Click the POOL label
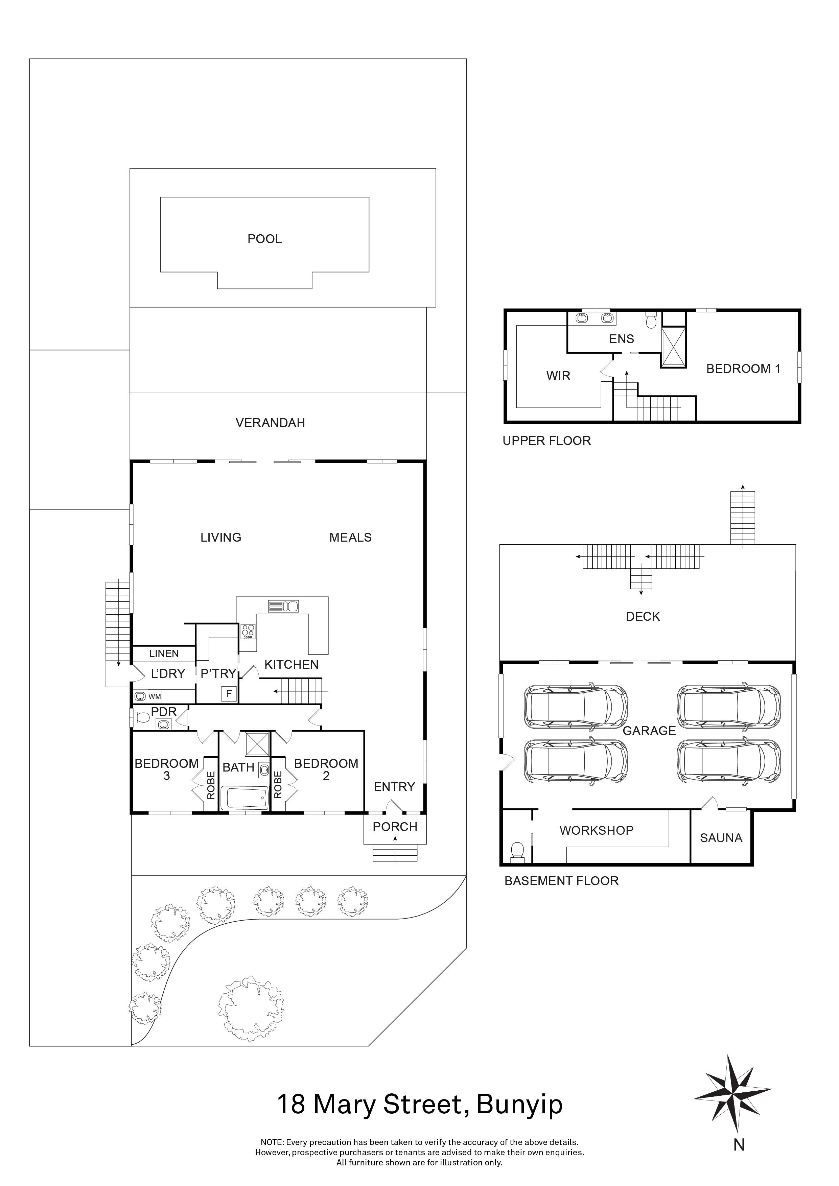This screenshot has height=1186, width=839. click(264, 239)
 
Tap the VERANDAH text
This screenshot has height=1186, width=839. click(270, 423)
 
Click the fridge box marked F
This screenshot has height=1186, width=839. click(229, 694)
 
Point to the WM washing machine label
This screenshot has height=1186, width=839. click(155, 696)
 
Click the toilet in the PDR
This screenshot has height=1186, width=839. click(140, 717)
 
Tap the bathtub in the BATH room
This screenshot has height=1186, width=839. click(244, 798)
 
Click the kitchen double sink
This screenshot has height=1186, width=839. click(283, 606)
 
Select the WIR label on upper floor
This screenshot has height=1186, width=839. click(558, 376)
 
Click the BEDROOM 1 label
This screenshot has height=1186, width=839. click(743, 369)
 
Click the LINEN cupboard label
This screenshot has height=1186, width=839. click(164, 654)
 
